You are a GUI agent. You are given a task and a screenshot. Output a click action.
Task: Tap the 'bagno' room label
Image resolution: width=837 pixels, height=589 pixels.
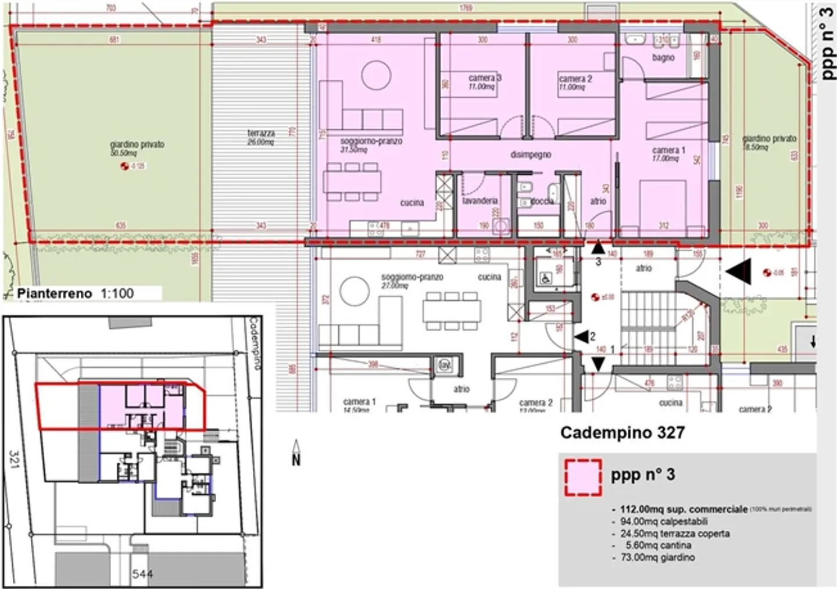(x=663, y=58)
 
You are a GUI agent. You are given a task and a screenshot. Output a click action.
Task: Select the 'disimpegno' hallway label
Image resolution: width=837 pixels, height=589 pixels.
(x=530, y=155)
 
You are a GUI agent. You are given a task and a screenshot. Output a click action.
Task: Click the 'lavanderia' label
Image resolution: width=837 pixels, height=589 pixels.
(x=480, y=201)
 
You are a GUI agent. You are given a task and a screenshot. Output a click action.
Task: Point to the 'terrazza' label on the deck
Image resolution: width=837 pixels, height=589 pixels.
(x=260, y=133)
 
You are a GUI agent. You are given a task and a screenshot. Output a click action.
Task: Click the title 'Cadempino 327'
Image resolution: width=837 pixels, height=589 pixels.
(x=622, y=432)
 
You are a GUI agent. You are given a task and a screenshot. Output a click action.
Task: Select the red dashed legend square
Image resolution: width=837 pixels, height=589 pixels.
(x=582, y=477)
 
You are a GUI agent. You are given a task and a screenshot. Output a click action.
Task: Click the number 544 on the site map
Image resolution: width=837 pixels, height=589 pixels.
(x=142, y=574)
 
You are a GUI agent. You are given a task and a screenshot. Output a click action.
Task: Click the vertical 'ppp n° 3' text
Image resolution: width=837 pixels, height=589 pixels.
(x=828, y=44)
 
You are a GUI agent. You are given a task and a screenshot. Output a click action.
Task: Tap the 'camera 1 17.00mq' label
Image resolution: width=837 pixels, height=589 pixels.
(x=668, y=154)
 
